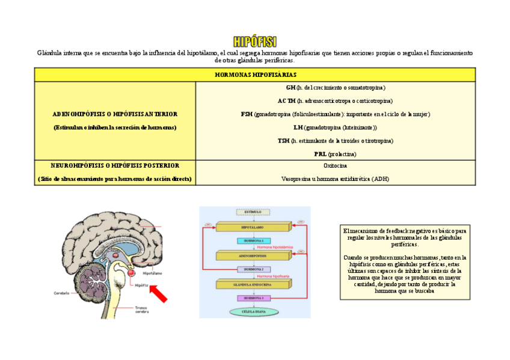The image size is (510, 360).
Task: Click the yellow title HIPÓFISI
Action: (255, 41)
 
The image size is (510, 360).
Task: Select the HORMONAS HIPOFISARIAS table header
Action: (255, 75)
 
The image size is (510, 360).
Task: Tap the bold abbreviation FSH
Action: (247, 114)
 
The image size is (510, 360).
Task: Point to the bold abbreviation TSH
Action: (283, 141)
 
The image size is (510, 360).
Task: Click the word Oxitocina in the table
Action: (335, 165)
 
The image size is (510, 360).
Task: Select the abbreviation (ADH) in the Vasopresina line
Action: (381, 178)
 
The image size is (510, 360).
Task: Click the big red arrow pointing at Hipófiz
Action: (159, 294)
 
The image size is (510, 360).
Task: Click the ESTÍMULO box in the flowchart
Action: (253, 212)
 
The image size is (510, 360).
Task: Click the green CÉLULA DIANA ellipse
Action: (253, 311)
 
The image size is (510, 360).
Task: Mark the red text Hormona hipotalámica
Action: (275, 247)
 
